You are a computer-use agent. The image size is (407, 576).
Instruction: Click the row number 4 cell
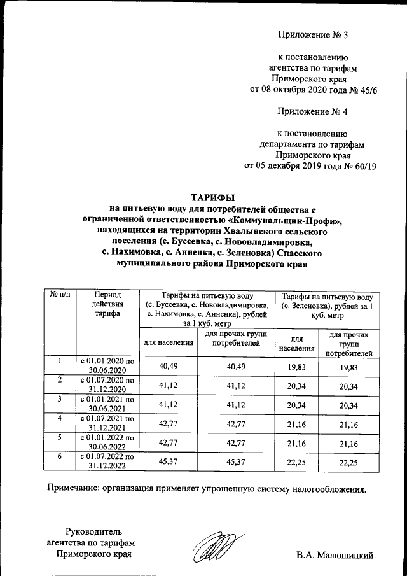tap(59, 418)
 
